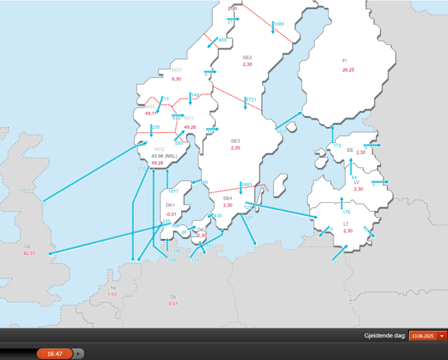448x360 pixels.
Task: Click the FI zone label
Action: (344, 60)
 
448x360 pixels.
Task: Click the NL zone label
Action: (113, 288)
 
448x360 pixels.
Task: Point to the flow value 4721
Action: (251, 99)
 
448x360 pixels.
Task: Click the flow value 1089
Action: (279, 24)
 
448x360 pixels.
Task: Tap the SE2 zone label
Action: (247, 57)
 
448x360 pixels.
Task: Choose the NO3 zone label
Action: (176, 70)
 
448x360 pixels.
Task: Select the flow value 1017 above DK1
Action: (173, 191)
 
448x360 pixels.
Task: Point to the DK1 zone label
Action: (170, 205)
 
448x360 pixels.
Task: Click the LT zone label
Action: (346, 223)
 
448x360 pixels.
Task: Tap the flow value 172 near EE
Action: (337, 146)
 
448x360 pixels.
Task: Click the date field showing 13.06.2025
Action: (422, 336)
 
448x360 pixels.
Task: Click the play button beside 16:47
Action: (79, 354)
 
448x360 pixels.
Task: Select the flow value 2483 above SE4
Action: (246, 184)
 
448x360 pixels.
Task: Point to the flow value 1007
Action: (280, 131)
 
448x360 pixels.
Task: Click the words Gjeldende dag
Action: (384, 336)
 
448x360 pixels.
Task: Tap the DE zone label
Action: (173, 296)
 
